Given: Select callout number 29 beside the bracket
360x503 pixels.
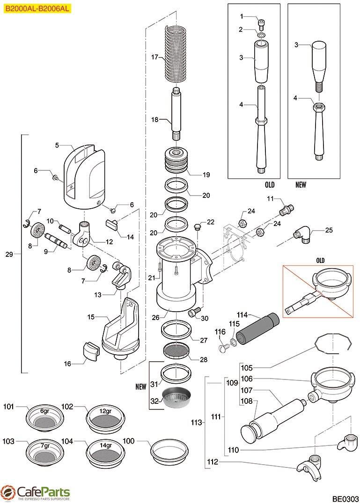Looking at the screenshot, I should tap(9, 254).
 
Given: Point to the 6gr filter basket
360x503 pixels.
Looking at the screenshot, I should tap(45, 415).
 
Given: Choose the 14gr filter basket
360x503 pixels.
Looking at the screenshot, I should tap(107, 450).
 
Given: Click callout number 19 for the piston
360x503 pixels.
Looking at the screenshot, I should tap(206, 175).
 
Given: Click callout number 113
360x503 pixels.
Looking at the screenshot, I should tap(197, 423).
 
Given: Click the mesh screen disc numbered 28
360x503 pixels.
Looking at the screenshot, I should tap(177, 350).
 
